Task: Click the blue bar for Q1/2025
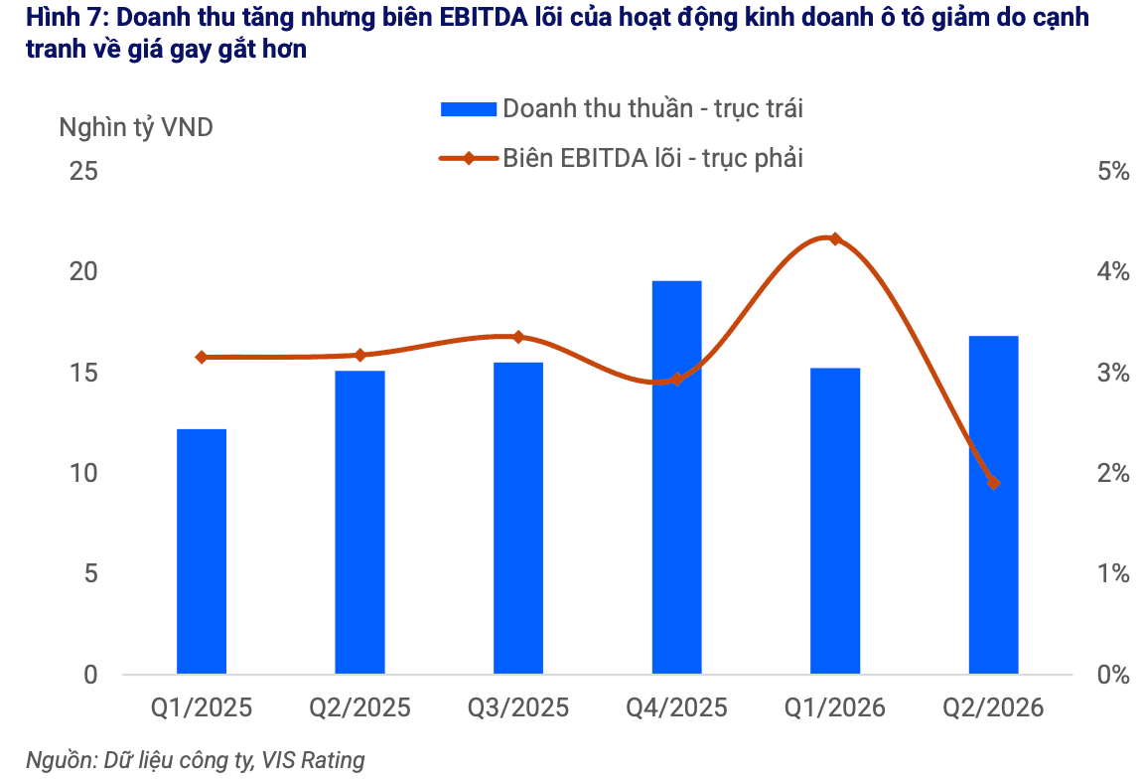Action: click(202, 550)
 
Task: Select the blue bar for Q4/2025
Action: click(676, 477)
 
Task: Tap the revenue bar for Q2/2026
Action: click(993, 505)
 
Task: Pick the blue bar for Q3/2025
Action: click(518, 518)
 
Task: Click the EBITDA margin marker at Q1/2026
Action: click(835, 239)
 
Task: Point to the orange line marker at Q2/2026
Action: click(993, 483)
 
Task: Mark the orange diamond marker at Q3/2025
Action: click(518, 337)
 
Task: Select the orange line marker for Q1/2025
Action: click(202, 357)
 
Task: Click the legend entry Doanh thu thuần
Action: click(622, 108)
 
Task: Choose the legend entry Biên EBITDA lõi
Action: click(622, 158)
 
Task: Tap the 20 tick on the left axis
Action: click(83, 271)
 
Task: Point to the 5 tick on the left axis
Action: click(90, 573)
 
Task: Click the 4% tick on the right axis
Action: click(1113, 272)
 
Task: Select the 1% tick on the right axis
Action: click(1113, 573)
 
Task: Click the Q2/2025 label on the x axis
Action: click(359, 707)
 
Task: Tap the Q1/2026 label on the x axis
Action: click(835, 707)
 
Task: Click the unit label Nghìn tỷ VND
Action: click(136, 127)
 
